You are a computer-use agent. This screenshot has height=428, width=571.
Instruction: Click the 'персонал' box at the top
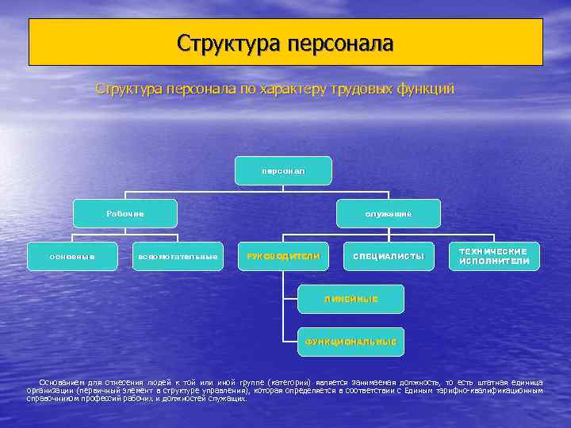[284, 170]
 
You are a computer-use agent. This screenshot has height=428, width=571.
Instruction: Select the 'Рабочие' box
[125, 213]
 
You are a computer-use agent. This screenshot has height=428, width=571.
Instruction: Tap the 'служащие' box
[389, 213]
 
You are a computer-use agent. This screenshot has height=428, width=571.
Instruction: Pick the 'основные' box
[72, 256]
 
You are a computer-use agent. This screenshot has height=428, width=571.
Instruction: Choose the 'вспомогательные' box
[178, 256]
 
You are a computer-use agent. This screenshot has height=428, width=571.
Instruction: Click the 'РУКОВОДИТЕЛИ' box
[283, 256]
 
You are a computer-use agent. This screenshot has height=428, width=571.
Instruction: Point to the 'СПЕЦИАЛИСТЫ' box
[389, 256]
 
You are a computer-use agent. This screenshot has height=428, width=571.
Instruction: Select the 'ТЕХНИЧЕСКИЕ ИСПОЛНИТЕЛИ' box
[494, 256]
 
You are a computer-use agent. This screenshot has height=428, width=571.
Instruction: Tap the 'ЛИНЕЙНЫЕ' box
[351, 299]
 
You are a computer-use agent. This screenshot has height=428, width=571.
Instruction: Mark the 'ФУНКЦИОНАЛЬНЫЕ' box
[351, 342]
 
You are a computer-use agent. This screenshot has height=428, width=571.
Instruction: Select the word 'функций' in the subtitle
[427, 89]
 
